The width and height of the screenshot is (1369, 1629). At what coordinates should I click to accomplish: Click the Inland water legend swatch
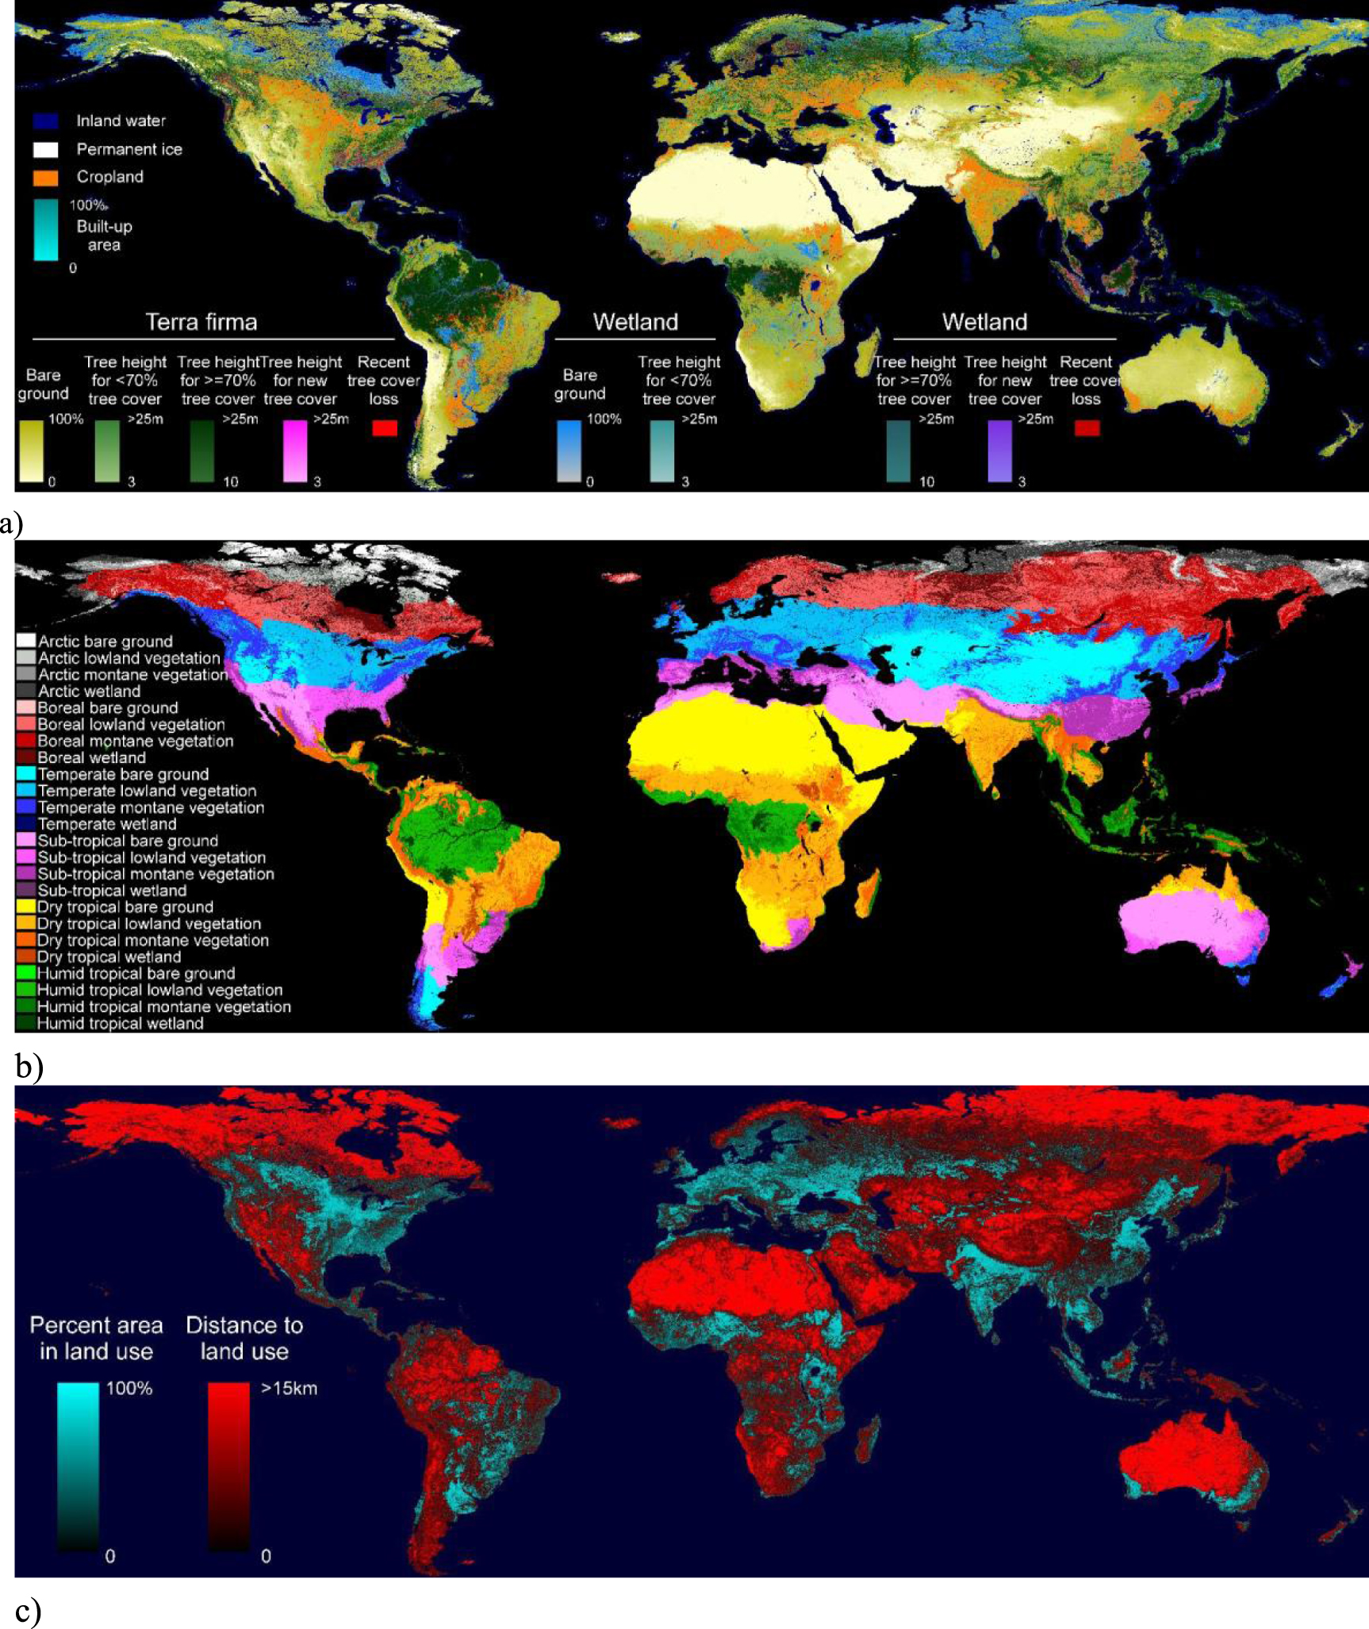45,121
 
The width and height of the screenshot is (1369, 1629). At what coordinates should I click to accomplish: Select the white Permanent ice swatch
45,149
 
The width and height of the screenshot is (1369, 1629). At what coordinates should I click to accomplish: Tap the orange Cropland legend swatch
45,177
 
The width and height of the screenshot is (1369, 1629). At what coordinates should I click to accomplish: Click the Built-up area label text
104,236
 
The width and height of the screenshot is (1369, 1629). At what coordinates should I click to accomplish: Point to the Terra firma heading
201,322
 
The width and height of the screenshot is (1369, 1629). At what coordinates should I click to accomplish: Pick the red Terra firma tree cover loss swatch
385,428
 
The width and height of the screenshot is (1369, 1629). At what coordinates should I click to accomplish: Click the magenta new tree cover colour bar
295,450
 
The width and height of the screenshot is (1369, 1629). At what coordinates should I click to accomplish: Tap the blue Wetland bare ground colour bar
569,450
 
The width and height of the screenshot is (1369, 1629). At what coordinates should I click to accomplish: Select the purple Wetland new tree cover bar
999,450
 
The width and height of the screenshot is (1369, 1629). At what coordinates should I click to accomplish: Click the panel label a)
12,523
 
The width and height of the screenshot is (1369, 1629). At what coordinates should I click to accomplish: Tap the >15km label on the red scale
289,1389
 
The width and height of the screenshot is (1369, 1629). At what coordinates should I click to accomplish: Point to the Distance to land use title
244,1338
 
